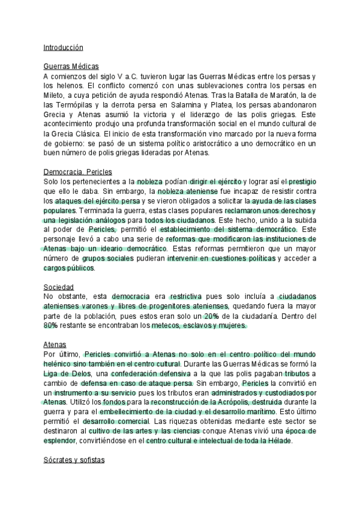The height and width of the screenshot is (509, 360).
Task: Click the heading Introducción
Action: [x=63, y=47]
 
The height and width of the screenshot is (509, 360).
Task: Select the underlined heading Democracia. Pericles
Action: [x=82, y=171]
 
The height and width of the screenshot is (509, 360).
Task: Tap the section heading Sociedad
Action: [x=58, y=286]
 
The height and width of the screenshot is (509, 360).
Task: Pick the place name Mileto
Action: [x=55, y=95]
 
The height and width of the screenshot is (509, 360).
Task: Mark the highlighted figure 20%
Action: [x=211, y=316]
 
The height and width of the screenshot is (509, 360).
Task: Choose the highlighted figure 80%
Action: [x=50, y=325]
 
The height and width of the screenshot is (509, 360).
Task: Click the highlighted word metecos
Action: [x=169, y=325]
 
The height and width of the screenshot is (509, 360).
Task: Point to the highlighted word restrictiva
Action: [x=186, y=297]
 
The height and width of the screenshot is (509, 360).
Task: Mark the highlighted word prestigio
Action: [x=302, y=181]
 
